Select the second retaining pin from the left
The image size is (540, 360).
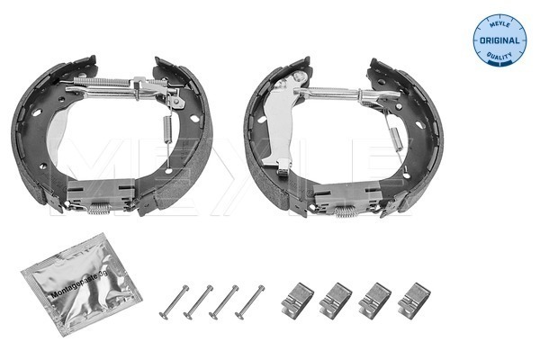coord(199,301)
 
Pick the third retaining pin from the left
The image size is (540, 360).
coord(223,301)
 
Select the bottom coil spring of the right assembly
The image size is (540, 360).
coord(346,213)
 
